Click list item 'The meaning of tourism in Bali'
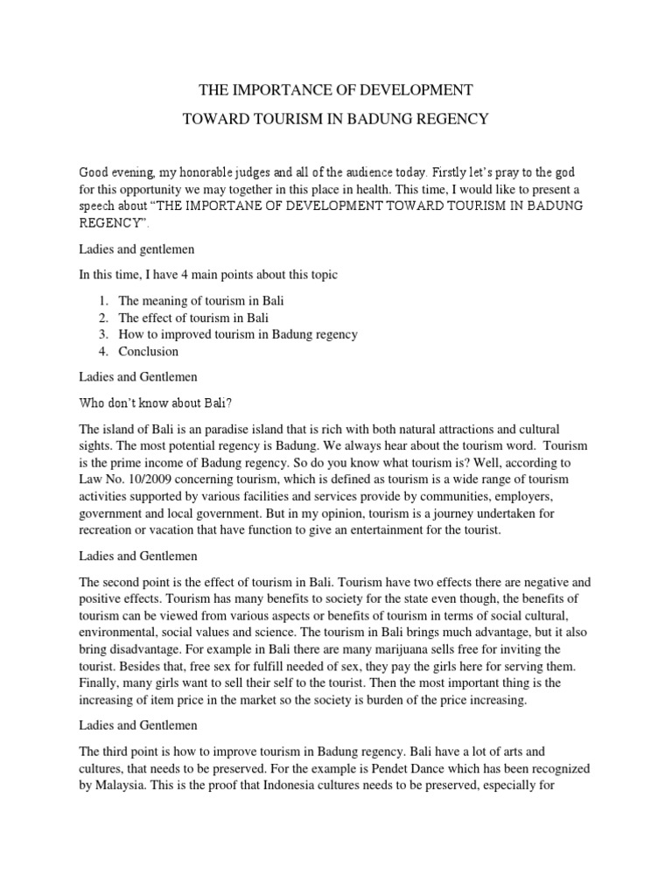201,300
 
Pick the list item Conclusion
148,352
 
